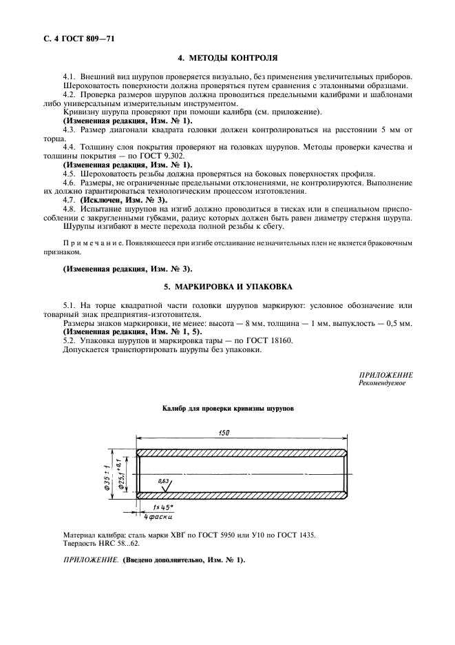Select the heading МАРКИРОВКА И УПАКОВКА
tap(226, 286)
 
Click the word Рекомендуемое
tap(382, 383)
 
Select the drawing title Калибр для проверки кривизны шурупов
tap(228, 409)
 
